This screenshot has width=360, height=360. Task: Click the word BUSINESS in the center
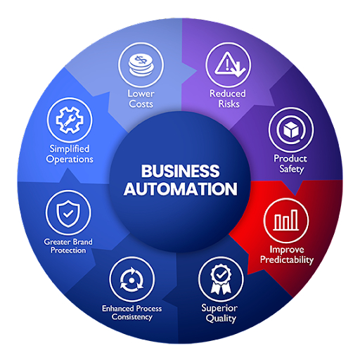tap(179, 172)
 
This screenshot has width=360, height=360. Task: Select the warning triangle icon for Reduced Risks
tap(228, 66)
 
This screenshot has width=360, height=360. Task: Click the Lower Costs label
tap(141, 98)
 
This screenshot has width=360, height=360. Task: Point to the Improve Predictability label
tap(286, 254)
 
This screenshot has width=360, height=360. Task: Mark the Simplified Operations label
tap(71, 153)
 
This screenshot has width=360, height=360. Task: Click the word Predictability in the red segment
tap(286, 259)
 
